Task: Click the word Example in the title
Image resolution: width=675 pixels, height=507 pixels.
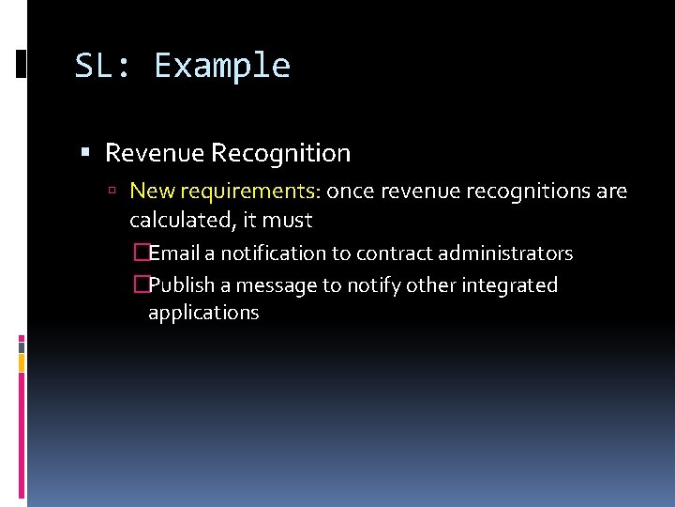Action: point(222,67)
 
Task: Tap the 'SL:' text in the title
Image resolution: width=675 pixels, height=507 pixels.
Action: point(105,67)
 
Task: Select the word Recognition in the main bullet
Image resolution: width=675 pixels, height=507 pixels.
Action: point(281,153)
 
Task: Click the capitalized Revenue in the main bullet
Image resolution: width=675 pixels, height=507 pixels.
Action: point(154,153)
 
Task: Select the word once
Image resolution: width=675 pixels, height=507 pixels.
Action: point(349,192)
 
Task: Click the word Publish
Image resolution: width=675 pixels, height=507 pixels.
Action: point(181,285)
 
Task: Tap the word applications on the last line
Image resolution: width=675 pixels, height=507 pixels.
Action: point(203,313)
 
